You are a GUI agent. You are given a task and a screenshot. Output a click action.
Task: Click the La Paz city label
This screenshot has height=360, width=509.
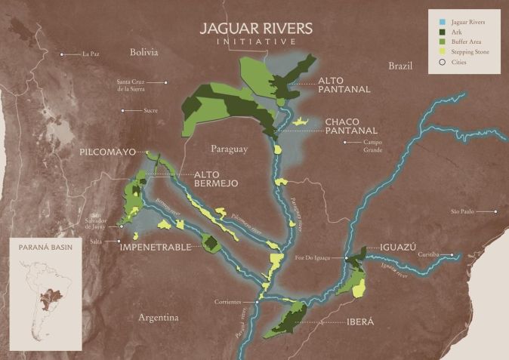(x=91, y=54)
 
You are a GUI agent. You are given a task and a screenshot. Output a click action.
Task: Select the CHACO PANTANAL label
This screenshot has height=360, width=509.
(x=351, y=125)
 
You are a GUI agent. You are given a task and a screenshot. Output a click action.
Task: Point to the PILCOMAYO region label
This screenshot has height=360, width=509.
(x=107, y=152)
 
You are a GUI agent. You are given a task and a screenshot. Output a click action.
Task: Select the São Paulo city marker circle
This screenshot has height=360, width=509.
(x=495, y=211)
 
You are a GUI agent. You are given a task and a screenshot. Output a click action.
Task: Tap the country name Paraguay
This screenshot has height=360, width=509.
(x=230, y=149)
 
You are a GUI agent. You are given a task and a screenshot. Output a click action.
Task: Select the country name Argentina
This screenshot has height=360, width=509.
(x=159, y=318)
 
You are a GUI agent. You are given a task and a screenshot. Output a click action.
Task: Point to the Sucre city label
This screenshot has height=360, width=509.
(x=150, y=110)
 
